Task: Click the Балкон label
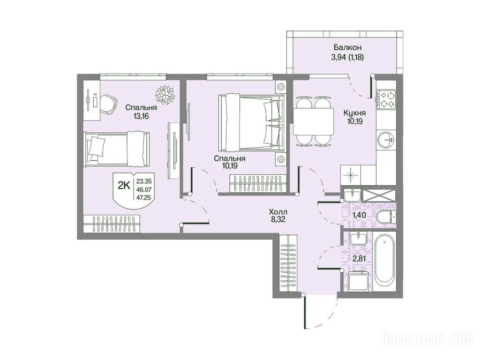(347, 47)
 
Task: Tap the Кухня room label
(354, 113)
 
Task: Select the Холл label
(278, 211)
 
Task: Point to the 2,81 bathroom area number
(360, 259)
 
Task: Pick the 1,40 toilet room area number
(359, 215)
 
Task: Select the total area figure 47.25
(146, 197)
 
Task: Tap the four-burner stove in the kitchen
(386, 99)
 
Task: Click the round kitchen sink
(386, 140)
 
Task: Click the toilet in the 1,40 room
(386, 217)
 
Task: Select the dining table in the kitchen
(313, 121)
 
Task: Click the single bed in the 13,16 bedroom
(117, 149)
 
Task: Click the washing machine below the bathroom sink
(359, 281)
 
